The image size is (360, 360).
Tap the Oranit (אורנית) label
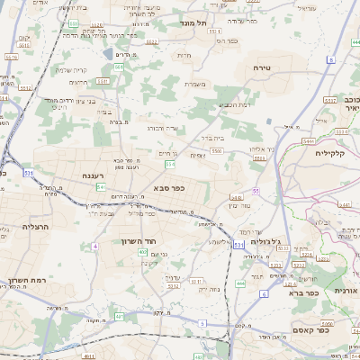(346, 292)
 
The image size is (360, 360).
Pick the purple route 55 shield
(256, 192)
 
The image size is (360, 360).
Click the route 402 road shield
(143, 252)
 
